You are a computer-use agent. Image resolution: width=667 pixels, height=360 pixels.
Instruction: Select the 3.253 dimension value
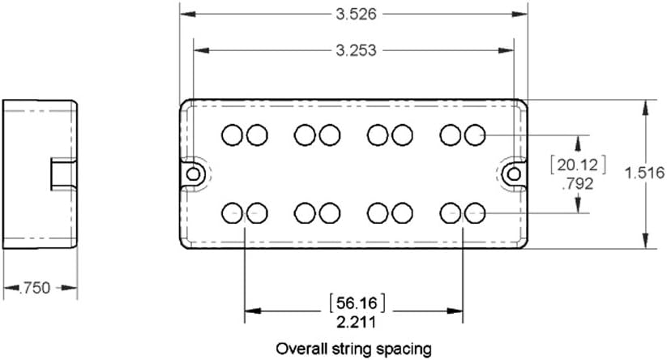point(356,49)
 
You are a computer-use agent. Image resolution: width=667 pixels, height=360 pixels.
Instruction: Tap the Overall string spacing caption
point(353,349)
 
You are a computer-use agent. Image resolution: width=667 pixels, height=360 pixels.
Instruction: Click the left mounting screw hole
point(193,174)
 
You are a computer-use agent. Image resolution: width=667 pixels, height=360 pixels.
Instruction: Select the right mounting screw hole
point(514,174)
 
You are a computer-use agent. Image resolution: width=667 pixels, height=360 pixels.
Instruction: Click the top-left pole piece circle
point(233,134)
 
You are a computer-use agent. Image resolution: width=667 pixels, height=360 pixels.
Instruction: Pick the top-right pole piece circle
point(475,134)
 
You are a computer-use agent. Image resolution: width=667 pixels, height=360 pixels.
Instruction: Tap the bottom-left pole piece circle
point(233,213)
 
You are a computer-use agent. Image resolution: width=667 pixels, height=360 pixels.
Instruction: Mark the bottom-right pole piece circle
point(475,213)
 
